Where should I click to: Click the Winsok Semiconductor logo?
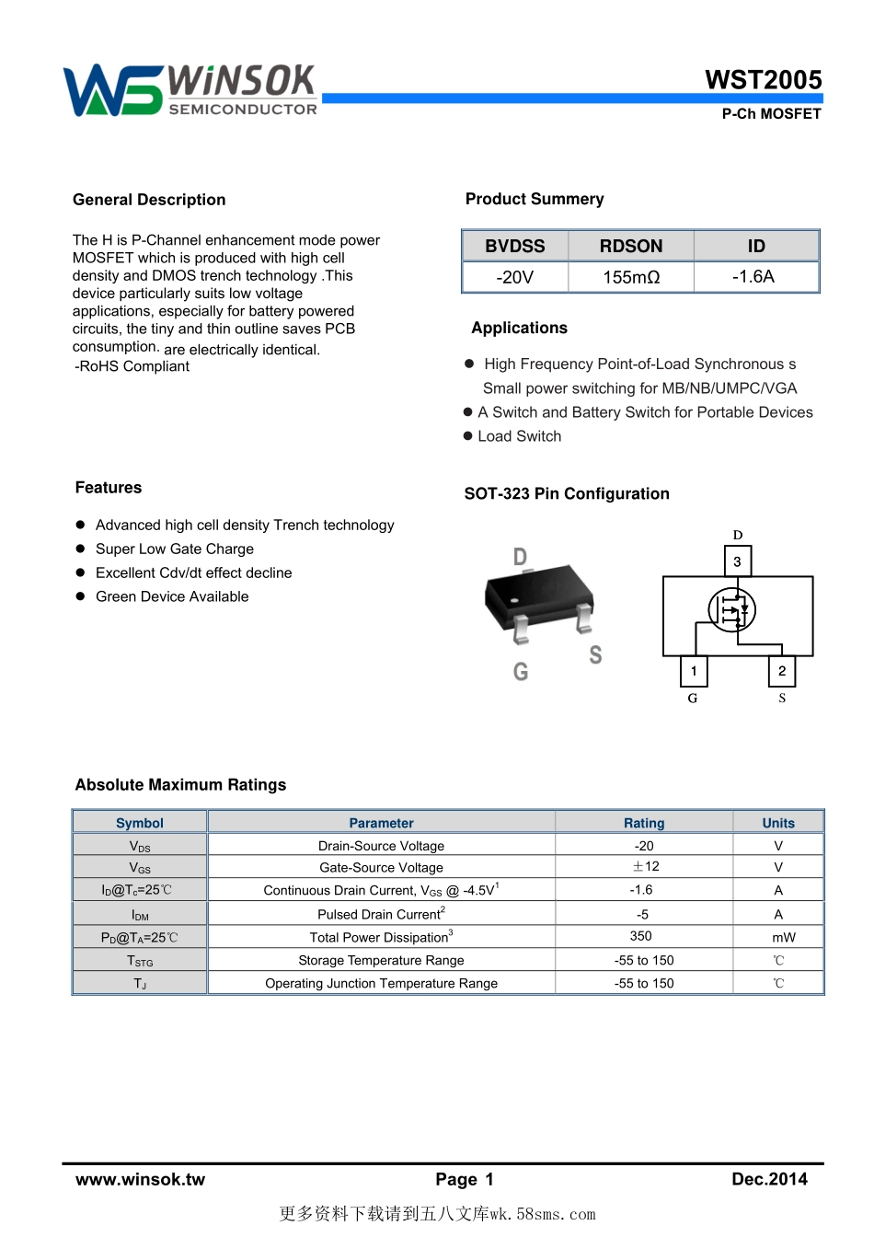click(190, 90)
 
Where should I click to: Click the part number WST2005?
click(763, 80)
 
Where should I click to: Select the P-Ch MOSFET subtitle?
click(771, 114)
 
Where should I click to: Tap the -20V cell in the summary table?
click(515, 277)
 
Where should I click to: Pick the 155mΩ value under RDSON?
click(631, 277)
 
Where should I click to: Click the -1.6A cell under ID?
click(753, 276)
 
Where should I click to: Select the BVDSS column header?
click(515, 246)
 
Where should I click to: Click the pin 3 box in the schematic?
click(737, 561)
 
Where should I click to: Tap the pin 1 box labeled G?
click(694, 671)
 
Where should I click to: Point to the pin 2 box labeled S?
click(782, 671)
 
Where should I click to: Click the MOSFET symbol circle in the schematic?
click(732, 609)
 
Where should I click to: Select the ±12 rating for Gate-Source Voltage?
click(645, 867)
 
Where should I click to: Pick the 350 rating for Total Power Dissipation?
click(641, 936)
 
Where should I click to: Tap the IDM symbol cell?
click(140, 915)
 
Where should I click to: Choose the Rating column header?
click(644, 823)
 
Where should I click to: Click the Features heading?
click(109, 488)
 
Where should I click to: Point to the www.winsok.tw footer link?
click(140, 1179)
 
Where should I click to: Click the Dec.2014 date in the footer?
click(769, 1179)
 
